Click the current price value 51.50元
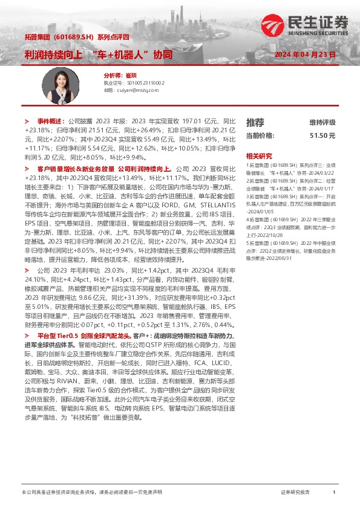click(x=322, y=136)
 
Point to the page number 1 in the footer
click(x=334, y=493)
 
